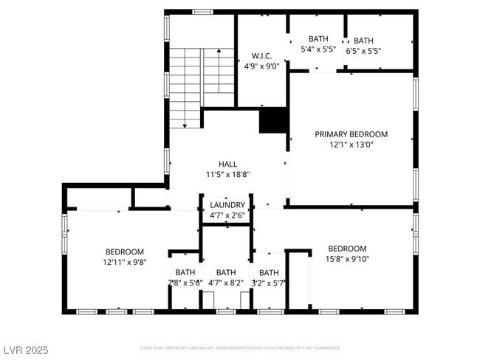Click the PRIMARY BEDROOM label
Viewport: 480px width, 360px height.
pyautogui.click(x=351, y=134)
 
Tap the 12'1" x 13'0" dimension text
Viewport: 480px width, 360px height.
pyautogui.click(x=351, y=145)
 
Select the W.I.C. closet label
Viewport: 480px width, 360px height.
pyautogui.click(x=261, y=55)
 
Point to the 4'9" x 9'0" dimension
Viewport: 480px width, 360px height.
pyautogui.click(x=261, y=66)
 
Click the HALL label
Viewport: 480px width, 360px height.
pyautogui.click(x=227, y=164)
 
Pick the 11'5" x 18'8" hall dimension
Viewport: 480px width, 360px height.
pyautogui.click(x=227, y=175)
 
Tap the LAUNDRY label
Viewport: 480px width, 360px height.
pyautogui.click(x=227, y=205)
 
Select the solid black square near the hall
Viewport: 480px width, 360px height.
pyautogui.click(x=273, y=120)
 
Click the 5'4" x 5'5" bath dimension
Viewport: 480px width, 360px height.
pyautogui.click(x=318, y=50)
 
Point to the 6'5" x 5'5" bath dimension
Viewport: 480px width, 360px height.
pyautogui.click(x=363, y=51)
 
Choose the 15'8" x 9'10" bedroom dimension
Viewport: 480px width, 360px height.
pyautogui.click(x=347, y=259)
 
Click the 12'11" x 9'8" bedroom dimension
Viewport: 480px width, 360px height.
pyautogui.click(x=124, y=262)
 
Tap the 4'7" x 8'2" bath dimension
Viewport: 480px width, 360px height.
pyautogui.click(x=226, y=283)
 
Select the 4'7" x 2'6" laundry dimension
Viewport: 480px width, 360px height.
pyautogui.click(x=227, y=215)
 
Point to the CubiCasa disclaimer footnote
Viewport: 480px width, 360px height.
pyautogui.click(x=239, y=347)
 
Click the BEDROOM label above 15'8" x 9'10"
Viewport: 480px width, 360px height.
pyautogui.click(x=347, y=249)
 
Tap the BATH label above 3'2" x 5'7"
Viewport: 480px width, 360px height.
pyautogui.click(x=269, y=272)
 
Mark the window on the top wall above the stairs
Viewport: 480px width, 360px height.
pyautogui.click(x=202, y=12)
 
